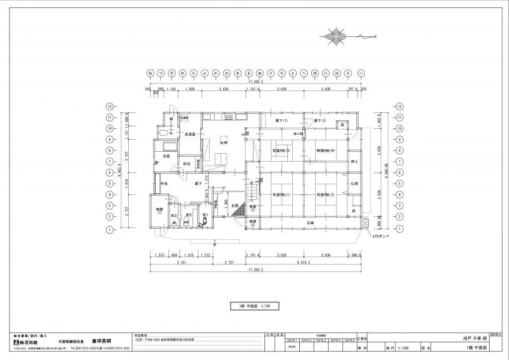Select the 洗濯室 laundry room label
point(190,135)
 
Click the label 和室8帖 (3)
point(281,150)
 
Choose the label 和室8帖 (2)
point(326,194)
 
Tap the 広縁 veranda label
point(309,222)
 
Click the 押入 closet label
point(354,162)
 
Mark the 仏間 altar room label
point(354,183)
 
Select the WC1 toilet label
point(205,215)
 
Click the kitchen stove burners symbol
point(229,117)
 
